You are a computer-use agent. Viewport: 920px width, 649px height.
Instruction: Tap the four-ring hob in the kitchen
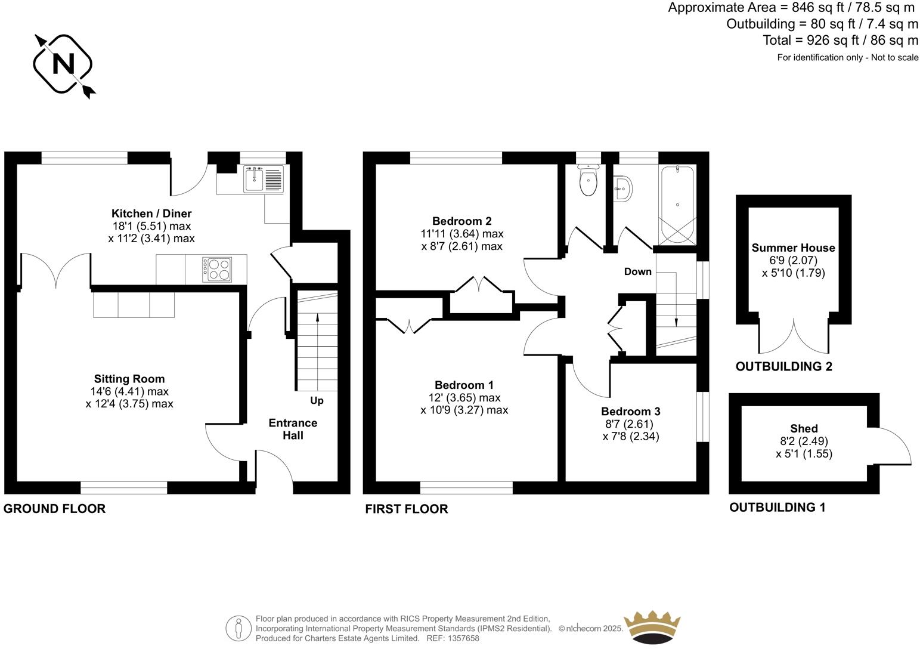coord(217,269)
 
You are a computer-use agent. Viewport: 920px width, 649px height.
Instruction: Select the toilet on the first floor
coord(588,182)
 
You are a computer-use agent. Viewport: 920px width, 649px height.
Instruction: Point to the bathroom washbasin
coord(623,189)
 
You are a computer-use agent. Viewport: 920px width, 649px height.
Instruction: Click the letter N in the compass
coord(63,64)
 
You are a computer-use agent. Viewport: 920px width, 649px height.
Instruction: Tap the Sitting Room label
coord(129,379)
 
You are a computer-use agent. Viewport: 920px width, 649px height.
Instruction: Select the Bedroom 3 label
coord(631,412)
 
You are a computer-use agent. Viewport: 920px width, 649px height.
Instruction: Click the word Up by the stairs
coord(317,400)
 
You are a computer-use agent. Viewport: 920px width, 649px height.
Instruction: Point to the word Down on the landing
coord(637,272)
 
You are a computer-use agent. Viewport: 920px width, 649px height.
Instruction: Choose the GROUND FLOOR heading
coord(55,509)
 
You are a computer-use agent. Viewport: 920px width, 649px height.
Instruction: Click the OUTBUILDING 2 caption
coord(783,367)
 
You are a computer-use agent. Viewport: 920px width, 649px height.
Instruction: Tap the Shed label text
coord(804,428)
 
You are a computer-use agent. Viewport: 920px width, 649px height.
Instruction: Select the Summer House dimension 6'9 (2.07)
coord(793,261)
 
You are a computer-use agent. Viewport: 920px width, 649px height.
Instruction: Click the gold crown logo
coord(652,627)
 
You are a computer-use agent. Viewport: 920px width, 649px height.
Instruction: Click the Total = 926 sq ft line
coord(840,41)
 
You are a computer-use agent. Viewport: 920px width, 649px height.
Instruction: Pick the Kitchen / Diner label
coord(151,214)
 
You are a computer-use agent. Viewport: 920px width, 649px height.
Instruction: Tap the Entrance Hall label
coord(293,429)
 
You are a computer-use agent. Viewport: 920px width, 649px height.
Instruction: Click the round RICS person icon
coord(238,628)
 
